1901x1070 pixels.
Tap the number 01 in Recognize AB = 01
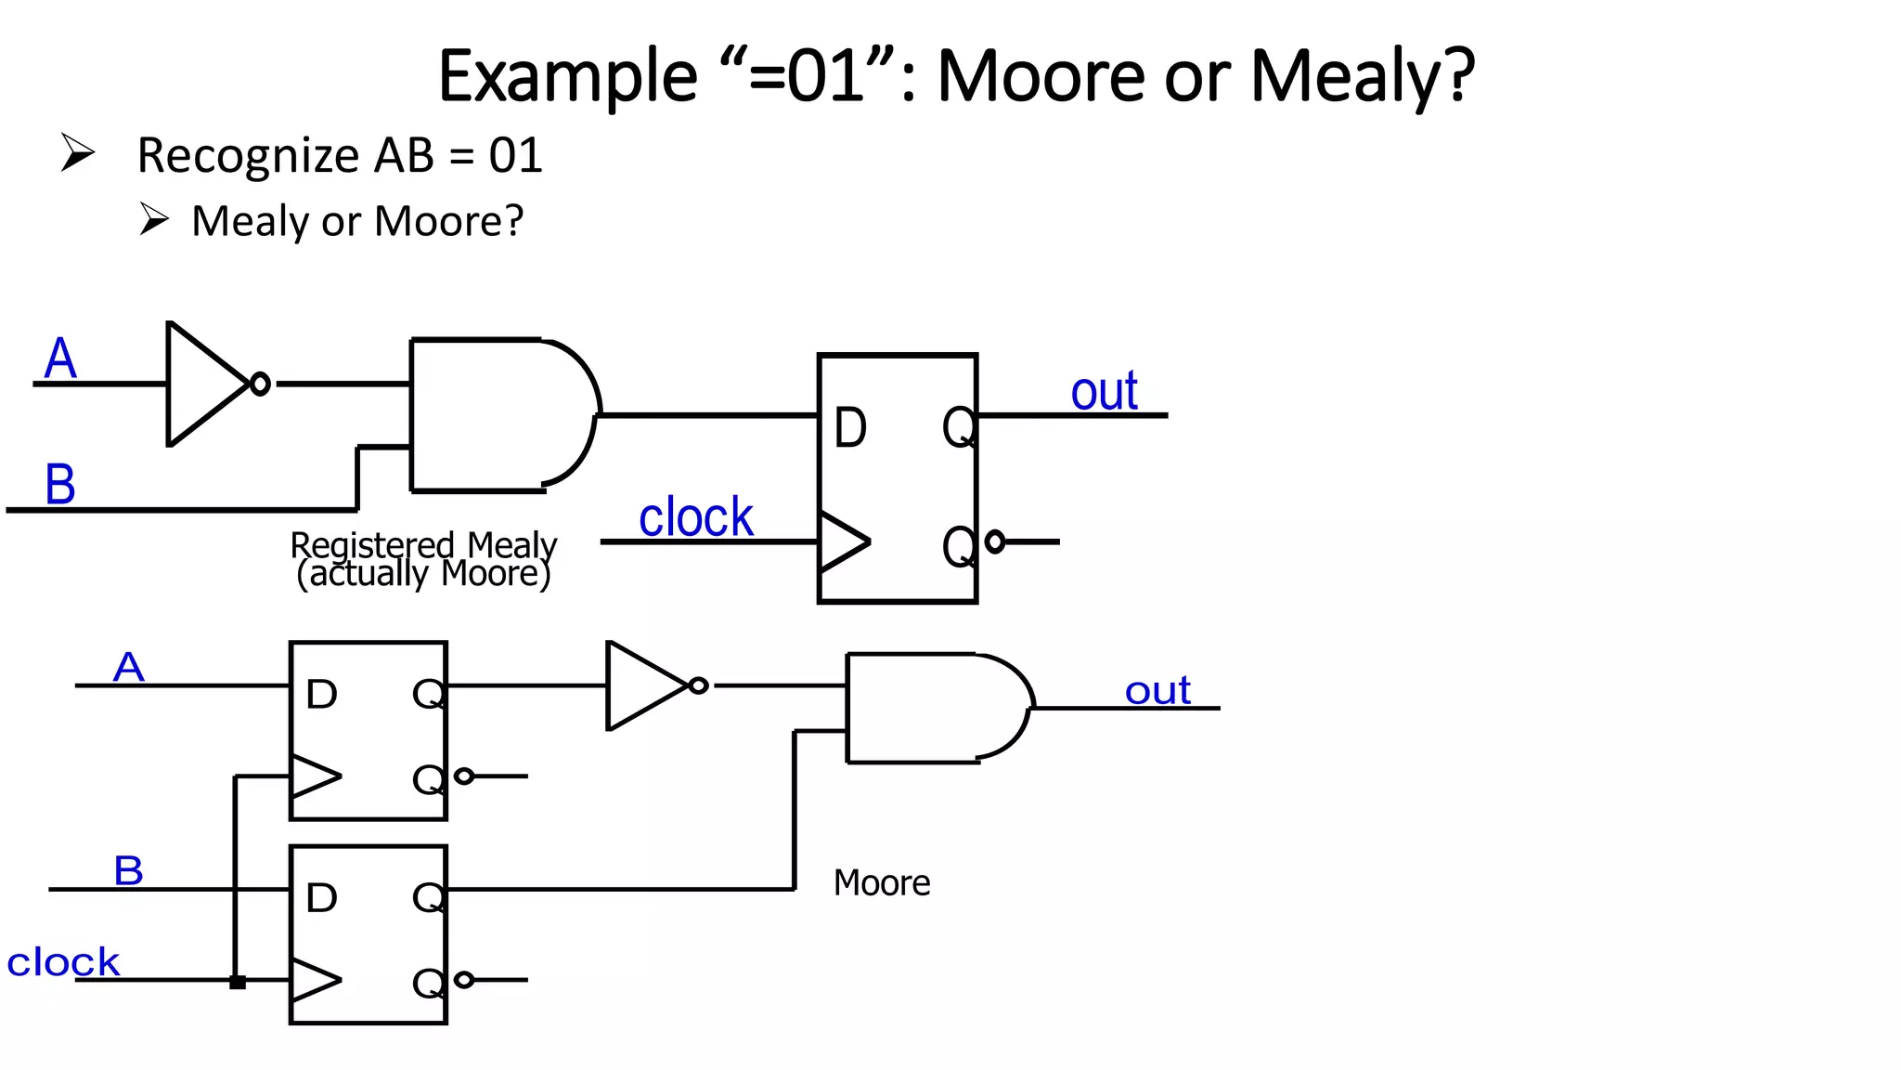coord(515,156)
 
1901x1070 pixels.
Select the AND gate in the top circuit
coord(501,415)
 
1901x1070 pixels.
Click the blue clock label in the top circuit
coord(695,516)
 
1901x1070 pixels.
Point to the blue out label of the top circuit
coord(1104,391)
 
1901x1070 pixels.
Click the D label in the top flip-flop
coord(850,428)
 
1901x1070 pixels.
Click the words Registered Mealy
coord(423,545)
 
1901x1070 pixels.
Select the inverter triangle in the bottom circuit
coord(645,685)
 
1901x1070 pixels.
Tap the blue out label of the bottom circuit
coord(1157,691)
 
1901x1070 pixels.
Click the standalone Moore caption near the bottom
coord(881,882)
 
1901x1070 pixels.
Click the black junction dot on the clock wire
coord(238,982)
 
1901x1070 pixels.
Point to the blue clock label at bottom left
coord(63,962)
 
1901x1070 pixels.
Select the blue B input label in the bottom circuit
coord(128,871)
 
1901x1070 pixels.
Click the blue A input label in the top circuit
coord(60,359)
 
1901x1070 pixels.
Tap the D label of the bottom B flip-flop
coord(321,898)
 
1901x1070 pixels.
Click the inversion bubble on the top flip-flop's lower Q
coord(995,542)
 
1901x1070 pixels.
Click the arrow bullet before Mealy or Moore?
coord(154,219)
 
